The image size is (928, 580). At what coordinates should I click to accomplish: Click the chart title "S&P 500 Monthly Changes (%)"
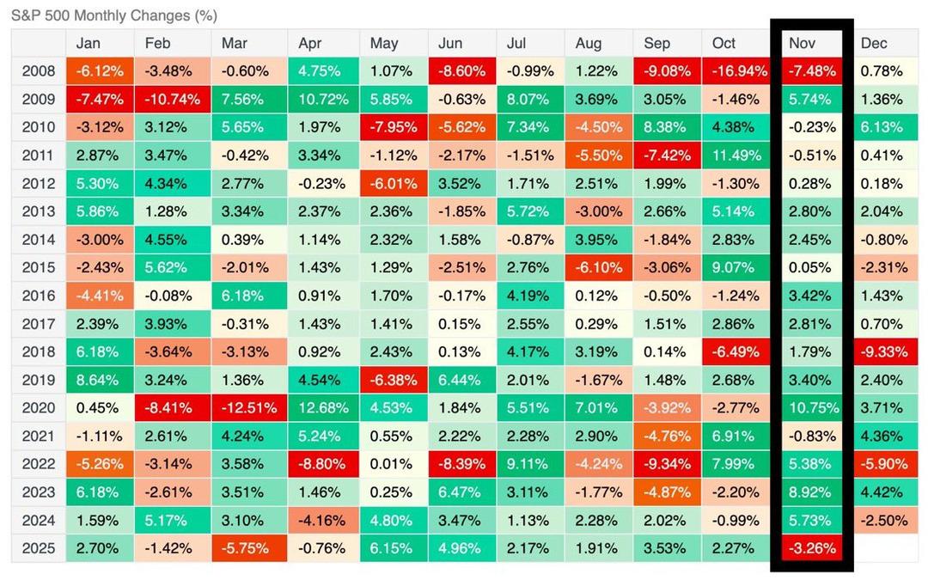(114, 15)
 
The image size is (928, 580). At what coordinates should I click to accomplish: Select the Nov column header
(803, 43)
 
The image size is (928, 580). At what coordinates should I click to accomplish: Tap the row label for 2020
(38, 407)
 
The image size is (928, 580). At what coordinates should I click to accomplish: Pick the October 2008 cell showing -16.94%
(736, 71)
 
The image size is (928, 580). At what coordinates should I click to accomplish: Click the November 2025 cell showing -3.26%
(810, 547)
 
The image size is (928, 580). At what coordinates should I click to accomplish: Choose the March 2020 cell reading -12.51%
(247, 407)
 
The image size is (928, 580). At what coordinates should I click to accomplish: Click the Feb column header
(157, 43)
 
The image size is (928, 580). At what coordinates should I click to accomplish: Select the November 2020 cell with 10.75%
(810, 407)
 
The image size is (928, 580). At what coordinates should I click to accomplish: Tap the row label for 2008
(38, 71)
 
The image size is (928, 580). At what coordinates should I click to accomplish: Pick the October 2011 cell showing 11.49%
(736, 156)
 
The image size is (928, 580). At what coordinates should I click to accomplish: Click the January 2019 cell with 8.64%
(99, 380)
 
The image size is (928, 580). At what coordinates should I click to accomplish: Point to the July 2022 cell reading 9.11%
(528, 464)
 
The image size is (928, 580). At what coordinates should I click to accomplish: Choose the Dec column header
(874, 43)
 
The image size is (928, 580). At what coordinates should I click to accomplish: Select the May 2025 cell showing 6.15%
(392, 547)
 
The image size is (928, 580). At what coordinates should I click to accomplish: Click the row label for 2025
(38, 547)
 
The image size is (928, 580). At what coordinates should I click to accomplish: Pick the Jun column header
(450, 43)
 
